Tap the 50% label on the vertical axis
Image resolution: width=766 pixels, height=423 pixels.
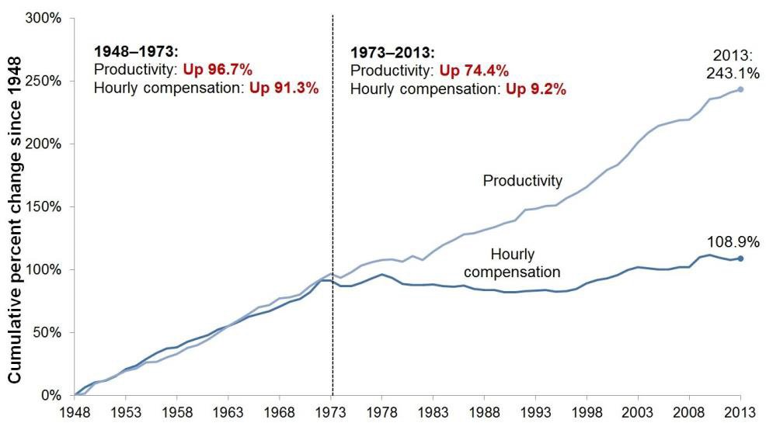click(49, 332)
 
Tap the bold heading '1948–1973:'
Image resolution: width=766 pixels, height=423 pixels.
click(136, 52)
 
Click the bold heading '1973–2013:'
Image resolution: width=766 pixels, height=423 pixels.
click(393, 54)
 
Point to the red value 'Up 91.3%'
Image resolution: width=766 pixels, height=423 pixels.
click(284, 88)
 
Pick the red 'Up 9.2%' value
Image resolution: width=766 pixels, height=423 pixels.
click(536, 88)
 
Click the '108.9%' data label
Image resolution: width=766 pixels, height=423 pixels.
click(734, 242)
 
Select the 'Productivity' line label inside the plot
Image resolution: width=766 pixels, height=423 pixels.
click(522, 181)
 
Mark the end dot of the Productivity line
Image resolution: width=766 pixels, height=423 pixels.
click(740, 89)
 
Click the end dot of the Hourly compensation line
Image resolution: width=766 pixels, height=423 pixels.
click(740, 258)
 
